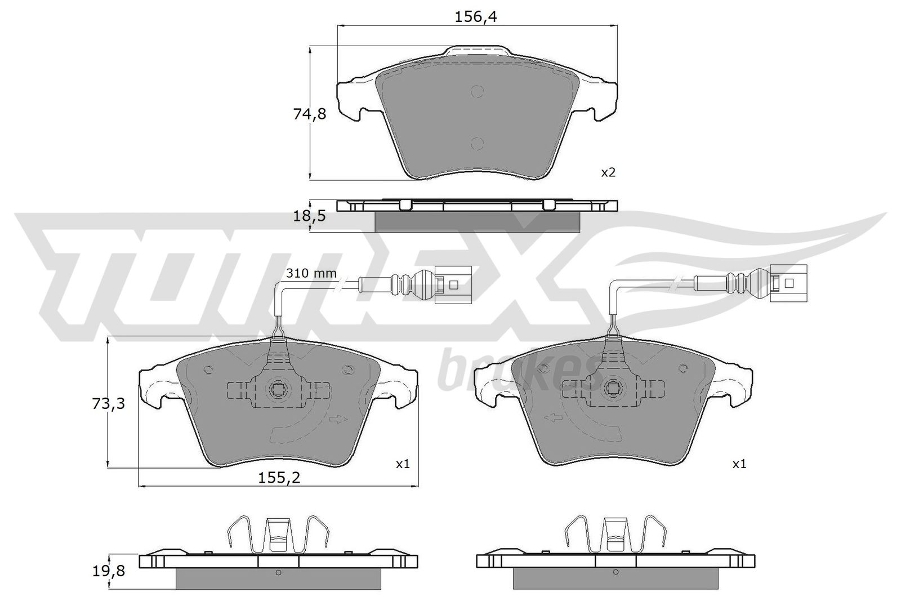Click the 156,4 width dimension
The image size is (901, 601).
tap(476, 17)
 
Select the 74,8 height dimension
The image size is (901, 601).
tap(310, 115)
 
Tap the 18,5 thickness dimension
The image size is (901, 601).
tap(309, 216)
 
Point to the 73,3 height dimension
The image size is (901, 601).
tap(109, 403)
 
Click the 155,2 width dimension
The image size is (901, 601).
tap(279, 478)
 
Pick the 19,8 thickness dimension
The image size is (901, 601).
tap(109, 571)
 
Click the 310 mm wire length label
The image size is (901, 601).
tap(311, 274)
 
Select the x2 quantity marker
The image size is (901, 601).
tap(608, 172)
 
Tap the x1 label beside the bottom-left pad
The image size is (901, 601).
tap(403, 464)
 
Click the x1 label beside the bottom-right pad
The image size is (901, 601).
tap(739, 464)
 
